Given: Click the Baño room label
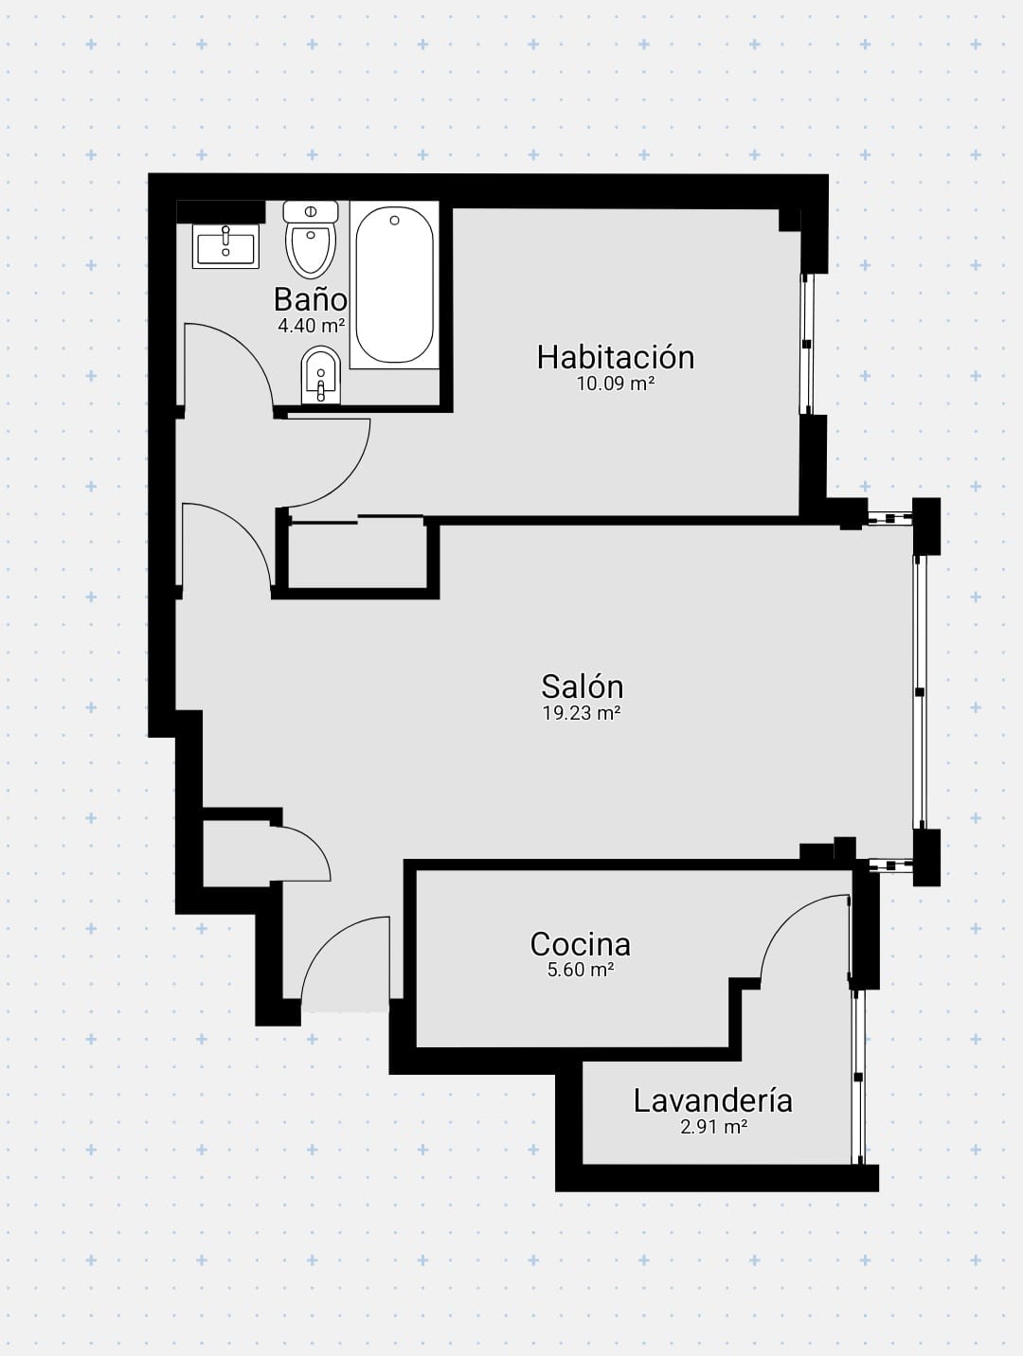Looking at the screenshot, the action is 310,299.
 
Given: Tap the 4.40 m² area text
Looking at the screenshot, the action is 311,326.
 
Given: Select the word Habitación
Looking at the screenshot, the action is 616,357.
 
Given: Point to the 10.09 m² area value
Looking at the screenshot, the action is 616,384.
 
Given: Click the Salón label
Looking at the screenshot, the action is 582,687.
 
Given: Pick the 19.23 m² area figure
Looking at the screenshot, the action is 582,714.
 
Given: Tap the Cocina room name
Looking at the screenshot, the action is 580,944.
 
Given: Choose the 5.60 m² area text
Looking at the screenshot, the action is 580,970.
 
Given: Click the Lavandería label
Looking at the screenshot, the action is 713,1100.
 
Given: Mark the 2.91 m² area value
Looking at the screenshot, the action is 713,1127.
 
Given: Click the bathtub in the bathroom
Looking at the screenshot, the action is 394,285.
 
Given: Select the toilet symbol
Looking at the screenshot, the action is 311,239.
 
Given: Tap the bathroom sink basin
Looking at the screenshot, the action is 225,246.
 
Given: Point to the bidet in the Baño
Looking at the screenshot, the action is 320,375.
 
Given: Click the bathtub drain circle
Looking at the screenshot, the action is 394,221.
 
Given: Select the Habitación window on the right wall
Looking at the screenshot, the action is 806,344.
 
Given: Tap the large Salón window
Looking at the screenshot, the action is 920,692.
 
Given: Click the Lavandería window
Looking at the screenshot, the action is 857,1077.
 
